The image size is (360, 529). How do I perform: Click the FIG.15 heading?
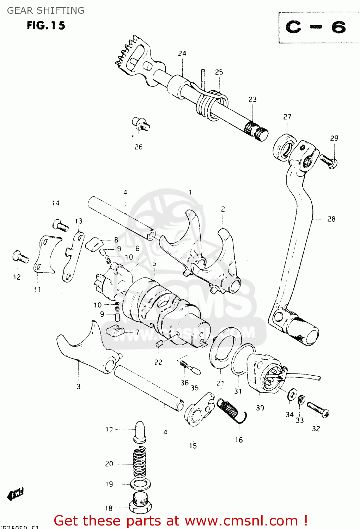pyautogui.click(x=46, y=25)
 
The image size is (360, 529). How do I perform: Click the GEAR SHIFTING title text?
pyautogui.click(x=46, y=11)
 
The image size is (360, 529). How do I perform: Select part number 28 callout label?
pyautogui.click(x=331, y=219)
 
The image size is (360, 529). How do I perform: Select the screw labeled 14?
pyautogui.click(x=60, y=225)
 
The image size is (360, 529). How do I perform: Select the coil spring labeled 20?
pyautogui.click(x=140, y=462)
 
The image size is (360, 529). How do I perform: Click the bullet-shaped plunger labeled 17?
pyautogui.click(x=140, y=431)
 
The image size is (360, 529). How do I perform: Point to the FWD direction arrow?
pyautogui.click(x=16, y=494)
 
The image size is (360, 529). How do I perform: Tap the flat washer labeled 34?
pyautogui.click(x=292, y=395)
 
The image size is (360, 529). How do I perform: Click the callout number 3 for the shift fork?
pyautogui.click(x=79, y=387)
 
